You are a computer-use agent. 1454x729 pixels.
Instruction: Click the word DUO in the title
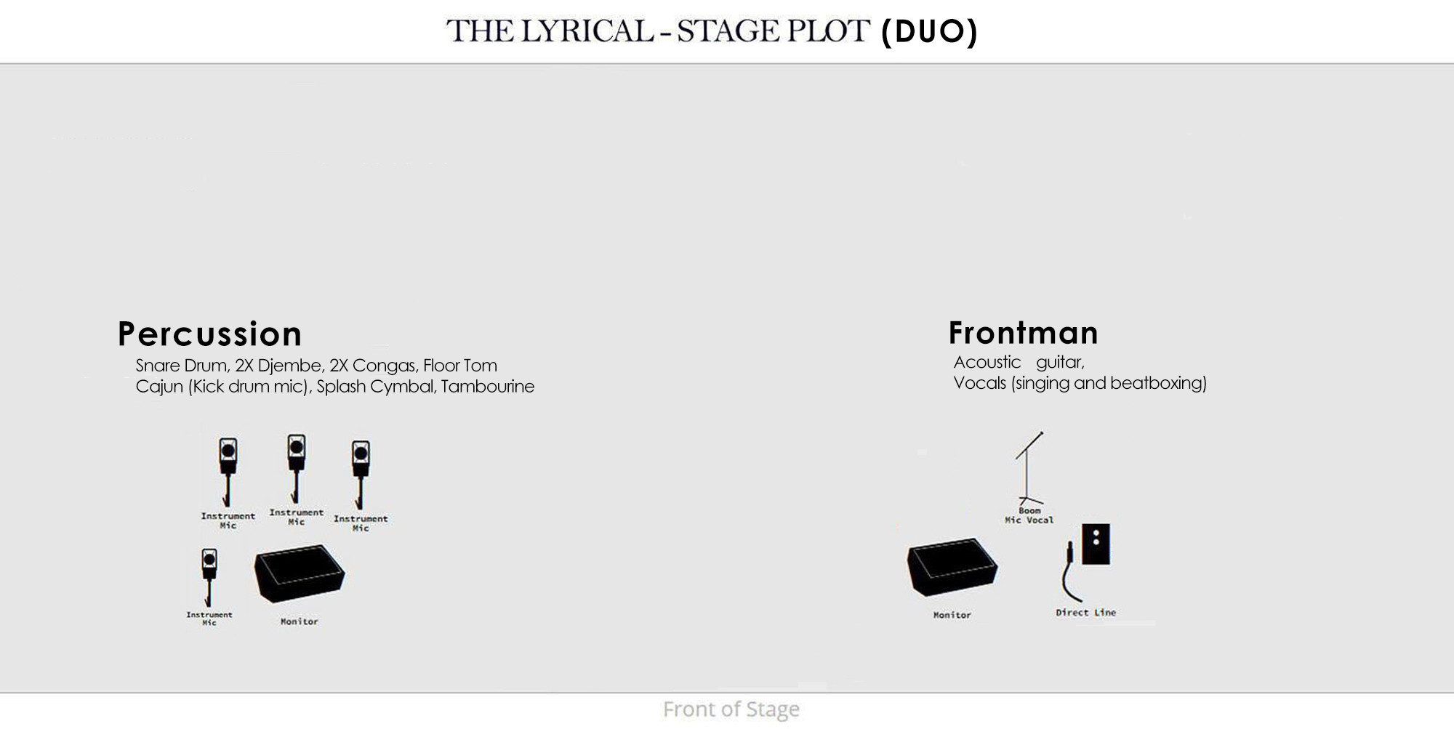[930, 31]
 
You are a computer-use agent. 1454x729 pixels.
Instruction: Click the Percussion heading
[209, 334]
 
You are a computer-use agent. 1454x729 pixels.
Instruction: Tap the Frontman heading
[1024, 333]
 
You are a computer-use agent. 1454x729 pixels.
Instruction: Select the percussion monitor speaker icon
[300, 573]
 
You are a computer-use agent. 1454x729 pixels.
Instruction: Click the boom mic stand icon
[1029, 468]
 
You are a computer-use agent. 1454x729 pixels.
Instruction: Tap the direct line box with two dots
[1096, 544]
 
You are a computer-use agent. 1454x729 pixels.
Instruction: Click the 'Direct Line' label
[1085, 613]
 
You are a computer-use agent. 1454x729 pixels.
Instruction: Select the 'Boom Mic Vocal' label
[1029, 515]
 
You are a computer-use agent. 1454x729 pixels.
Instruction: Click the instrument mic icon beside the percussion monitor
[209, 577]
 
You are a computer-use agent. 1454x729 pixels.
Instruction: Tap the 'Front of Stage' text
[731, 709]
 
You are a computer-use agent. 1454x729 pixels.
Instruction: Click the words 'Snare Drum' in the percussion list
[182, 366]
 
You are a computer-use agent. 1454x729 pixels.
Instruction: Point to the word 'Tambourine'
[488, 387]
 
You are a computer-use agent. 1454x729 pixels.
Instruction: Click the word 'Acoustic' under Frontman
[987, 362]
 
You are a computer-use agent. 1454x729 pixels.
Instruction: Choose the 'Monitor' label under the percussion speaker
[299, 621]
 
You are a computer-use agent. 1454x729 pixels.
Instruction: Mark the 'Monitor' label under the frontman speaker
[952, 615]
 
